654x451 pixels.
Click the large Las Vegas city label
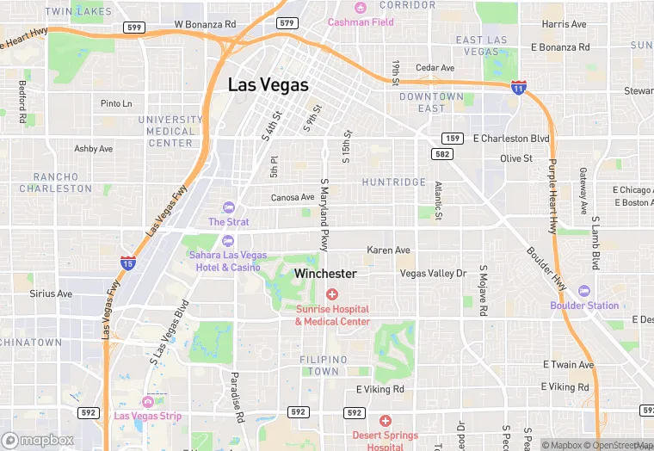(268, 86)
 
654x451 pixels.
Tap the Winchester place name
(325, 273)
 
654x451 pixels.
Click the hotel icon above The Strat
(228, 207)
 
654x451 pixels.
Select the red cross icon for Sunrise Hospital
(331, 295)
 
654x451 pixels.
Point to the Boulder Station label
(585, 306)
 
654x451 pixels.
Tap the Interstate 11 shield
(518, 87)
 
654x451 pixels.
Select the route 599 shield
(133, 28)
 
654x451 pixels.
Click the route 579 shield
(287, 22)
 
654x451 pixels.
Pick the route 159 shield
(453, 138)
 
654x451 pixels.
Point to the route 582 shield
(442, 153)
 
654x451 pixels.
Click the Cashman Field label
(361, 22)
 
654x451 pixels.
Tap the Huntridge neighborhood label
(393, 182)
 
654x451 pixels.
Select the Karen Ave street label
(388, 250)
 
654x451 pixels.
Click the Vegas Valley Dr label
(433, 273)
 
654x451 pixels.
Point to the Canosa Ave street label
(293, 197)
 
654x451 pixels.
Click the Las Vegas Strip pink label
(148, 417)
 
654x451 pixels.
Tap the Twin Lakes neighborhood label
(78, 11)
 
